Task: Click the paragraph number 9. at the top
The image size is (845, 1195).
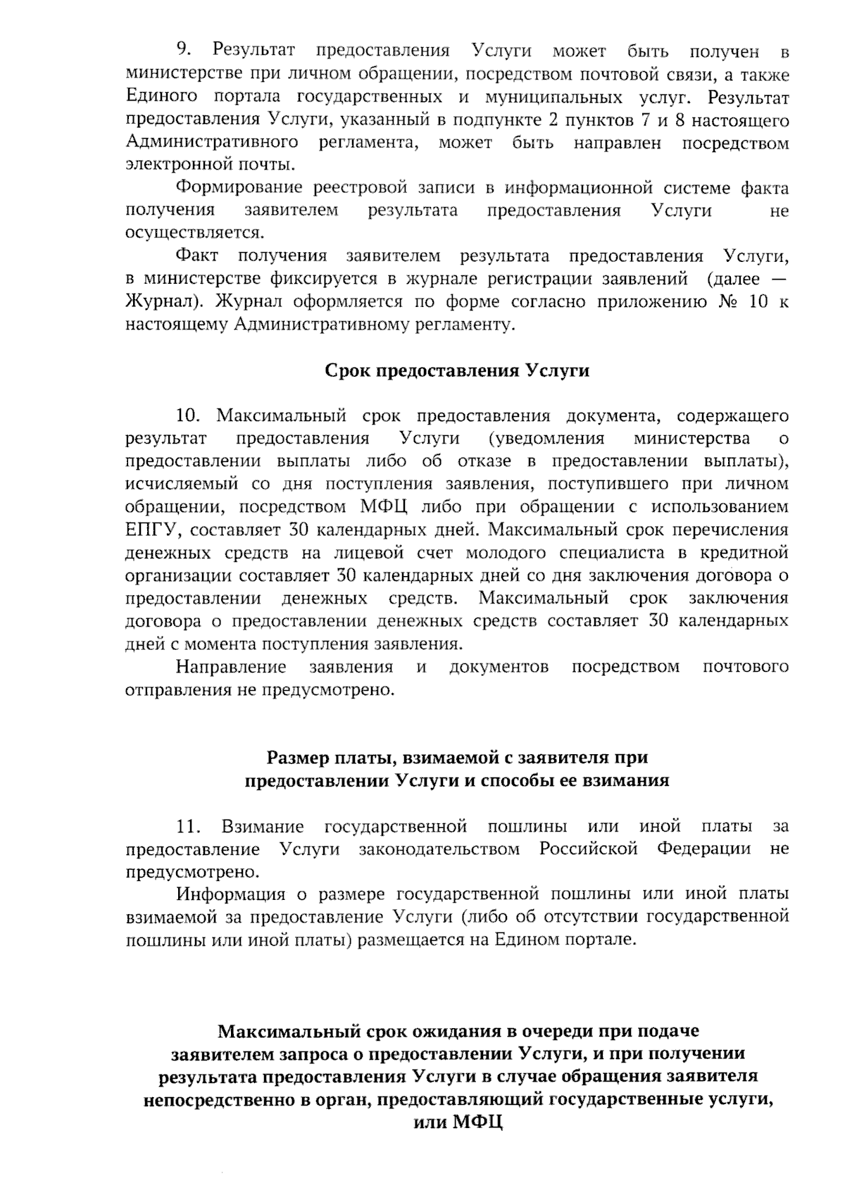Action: point(184,51)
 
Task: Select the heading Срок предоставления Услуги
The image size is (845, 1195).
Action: point(457,371)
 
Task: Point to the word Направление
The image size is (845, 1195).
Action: point(231,666)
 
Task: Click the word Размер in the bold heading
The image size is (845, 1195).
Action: point(292,758)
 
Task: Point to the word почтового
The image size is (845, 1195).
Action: point(746,666)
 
